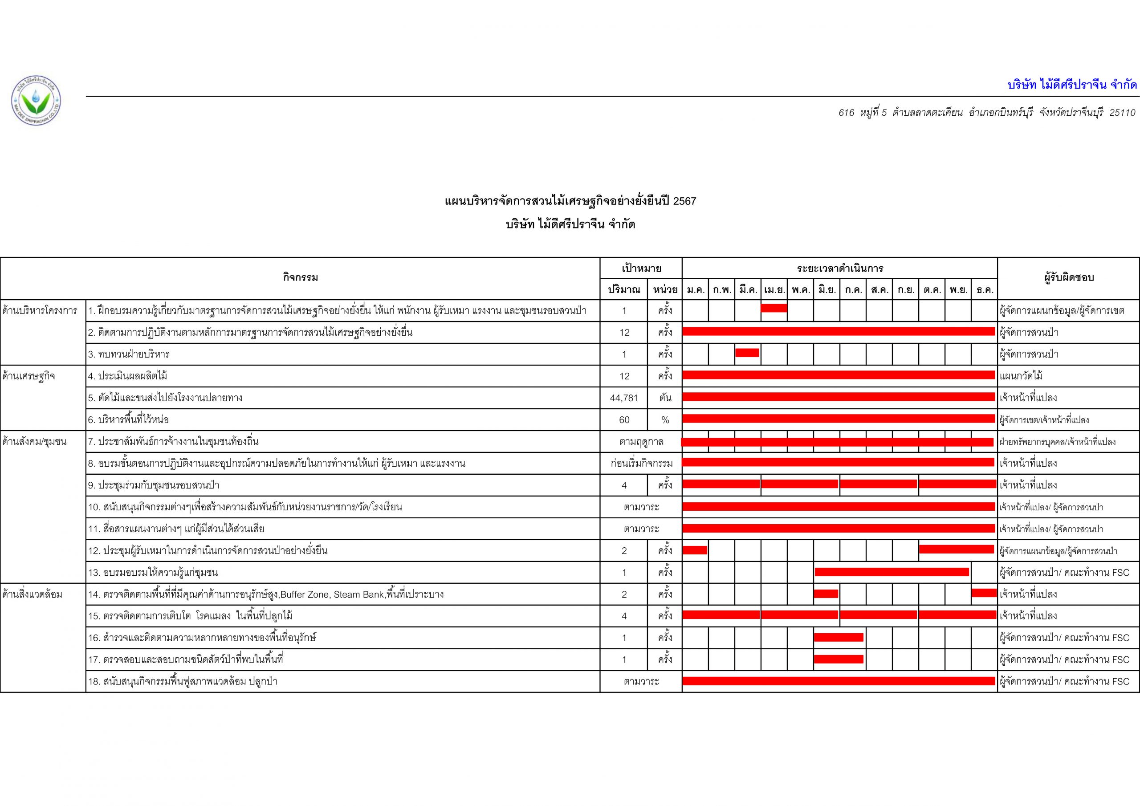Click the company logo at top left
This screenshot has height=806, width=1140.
click(36, 101)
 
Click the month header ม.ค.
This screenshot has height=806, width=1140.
click(695, 289)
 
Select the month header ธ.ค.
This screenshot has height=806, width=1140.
click(984, 289)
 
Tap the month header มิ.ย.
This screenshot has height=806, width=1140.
click(826, 289)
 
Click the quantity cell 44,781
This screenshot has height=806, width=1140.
click(624, 398)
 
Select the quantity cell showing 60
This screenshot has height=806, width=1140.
click(624, 419)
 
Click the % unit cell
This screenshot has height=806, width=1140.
click(665, 419)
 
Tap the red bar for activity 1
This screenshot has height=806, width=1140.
click(774, 308)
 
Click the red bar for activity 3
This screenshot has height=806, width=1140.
click(747, 353)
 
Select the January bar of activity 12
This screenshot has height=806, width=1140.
click(695, 550)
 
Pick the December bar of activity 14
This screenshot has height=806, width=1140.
click(984, 593)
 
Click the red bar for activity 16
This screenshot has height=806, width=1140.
click(839, 637)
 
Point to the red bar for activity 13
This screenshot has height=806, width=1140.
click(892, 572)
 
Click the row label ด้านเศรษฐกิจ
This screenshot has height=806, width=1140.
click(29, 376)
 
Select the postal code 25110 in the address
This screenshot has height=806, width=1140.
click(1122, 113)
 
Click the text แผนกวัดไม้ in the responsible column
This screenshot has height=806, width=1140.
click(1022, 376)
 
